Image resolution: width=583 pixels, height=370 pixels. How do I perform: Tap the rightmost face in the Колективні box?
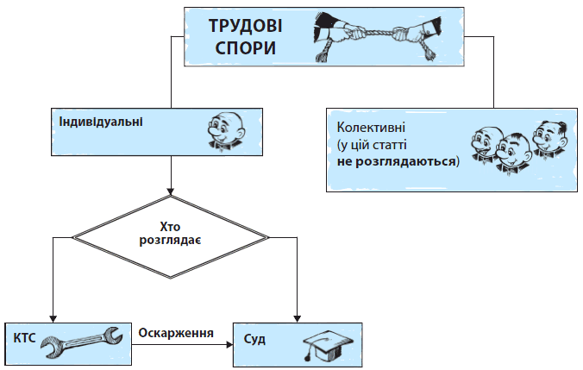548,136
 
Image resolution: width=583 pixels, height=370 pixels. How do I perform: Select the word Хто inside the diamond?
171,225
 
